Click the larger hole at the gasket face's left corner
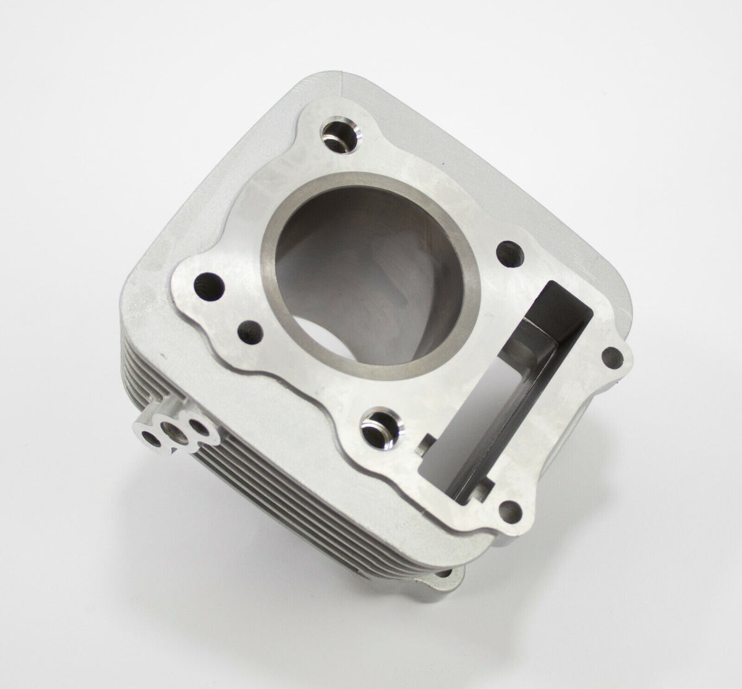(204, 285)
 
